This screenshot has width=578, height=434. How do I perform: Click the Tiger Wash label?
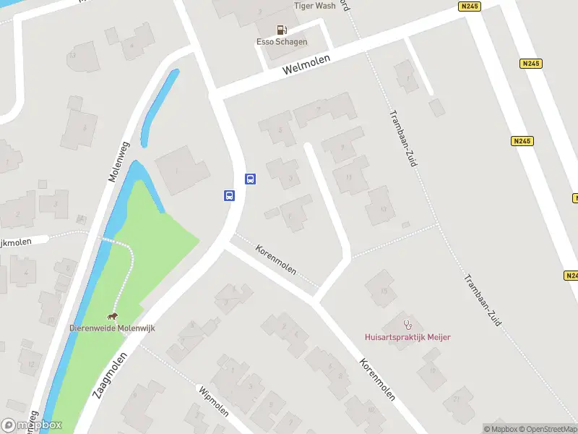(315, 5)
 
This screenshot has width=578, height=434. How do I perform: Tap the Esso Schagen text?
(282, 42)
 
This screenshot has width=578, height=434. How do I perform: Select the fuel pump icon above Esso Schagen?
(282, 30)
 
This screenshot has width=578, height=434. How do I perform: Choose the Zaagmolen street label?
(110, 375)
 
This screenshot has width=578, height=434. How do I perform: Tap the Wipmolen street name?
(213, 401)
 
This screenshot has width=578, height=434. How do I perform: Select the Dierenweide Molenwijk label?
(112, 328)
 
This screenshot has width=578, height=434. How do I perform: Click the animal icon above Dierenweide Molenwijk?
(112, 316)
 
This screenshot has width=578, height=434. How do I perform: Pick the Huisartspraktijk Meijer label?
(408, 336)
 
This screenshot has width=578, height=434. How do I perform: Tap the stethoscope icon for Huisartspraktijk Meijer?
(407, 324)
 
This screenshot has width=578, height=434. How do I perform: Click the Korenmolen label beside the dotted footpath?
(275, 259)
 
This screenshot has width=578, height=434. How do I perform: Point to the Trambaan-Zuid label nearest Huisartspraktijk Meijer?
(483, 299)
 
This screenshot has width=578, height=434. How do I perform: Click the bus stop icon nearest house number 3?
(250, 179)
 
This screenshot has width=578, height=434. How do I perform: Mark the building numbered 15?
(383, 290)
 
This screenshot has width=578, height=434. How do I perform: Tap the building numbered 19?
(431, 370)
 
